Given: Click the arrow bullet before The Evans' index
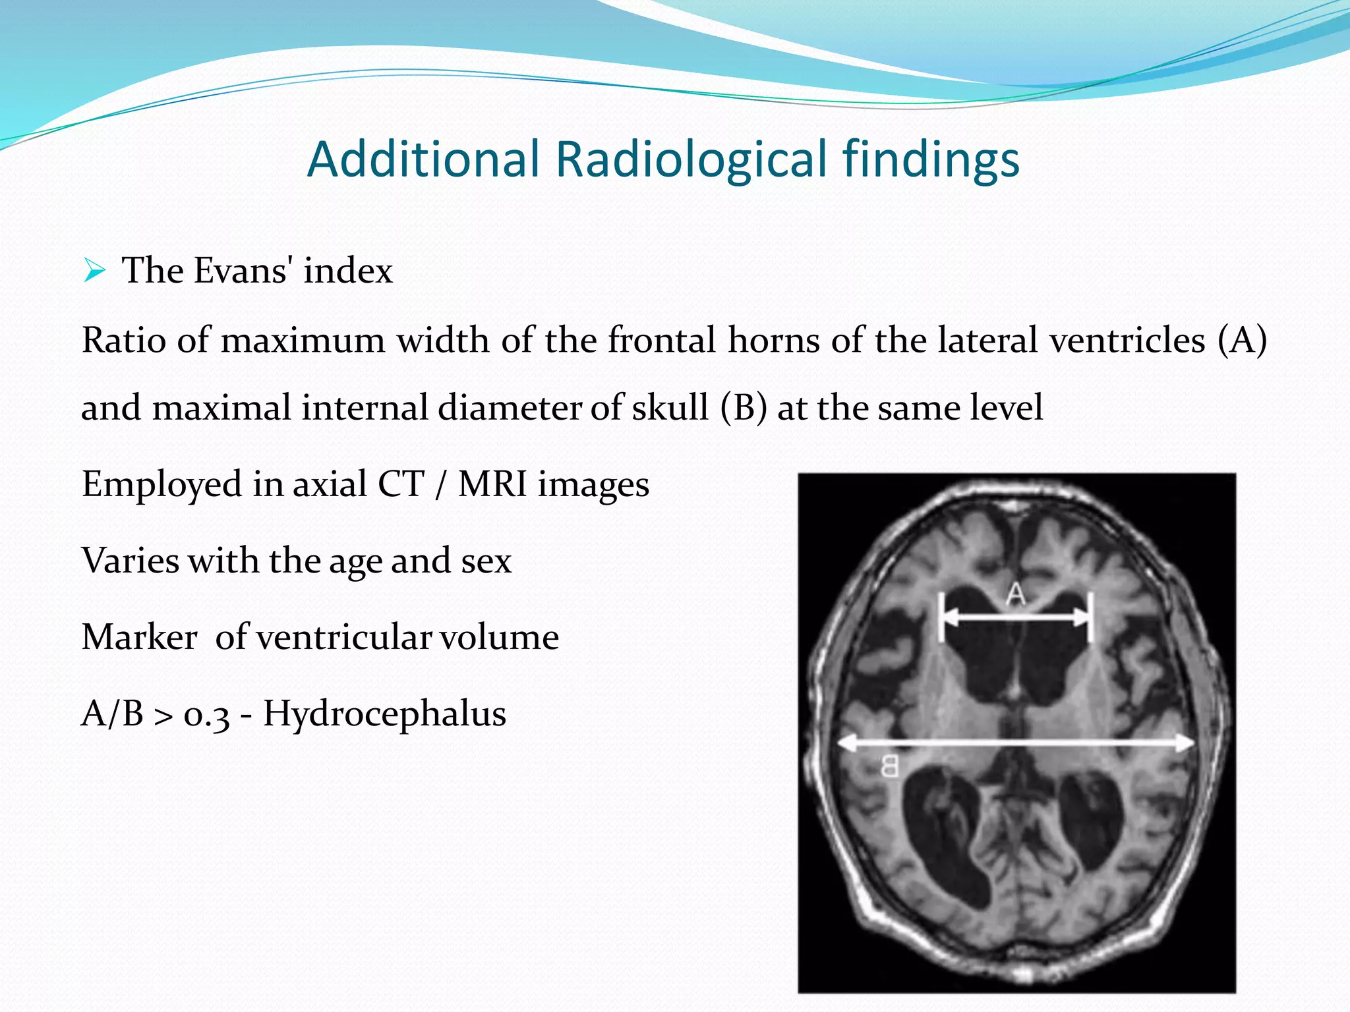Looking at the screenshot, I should point(95,271).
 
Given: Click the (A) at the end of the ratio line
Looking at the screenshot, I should point(1241,341).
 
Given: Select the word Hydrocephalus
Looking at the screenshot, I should point(384,714).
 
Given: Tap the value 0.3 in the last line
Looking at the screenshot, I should point(206,714).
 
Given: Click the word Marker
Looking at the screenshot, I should point(139,637).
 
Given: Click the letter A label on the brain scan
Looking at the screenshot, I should point(1016,594).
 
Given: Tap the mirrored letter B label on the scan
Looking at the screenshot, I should point(889,766).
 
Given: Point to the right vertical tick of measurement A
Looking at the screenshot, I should point(1090,617).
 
